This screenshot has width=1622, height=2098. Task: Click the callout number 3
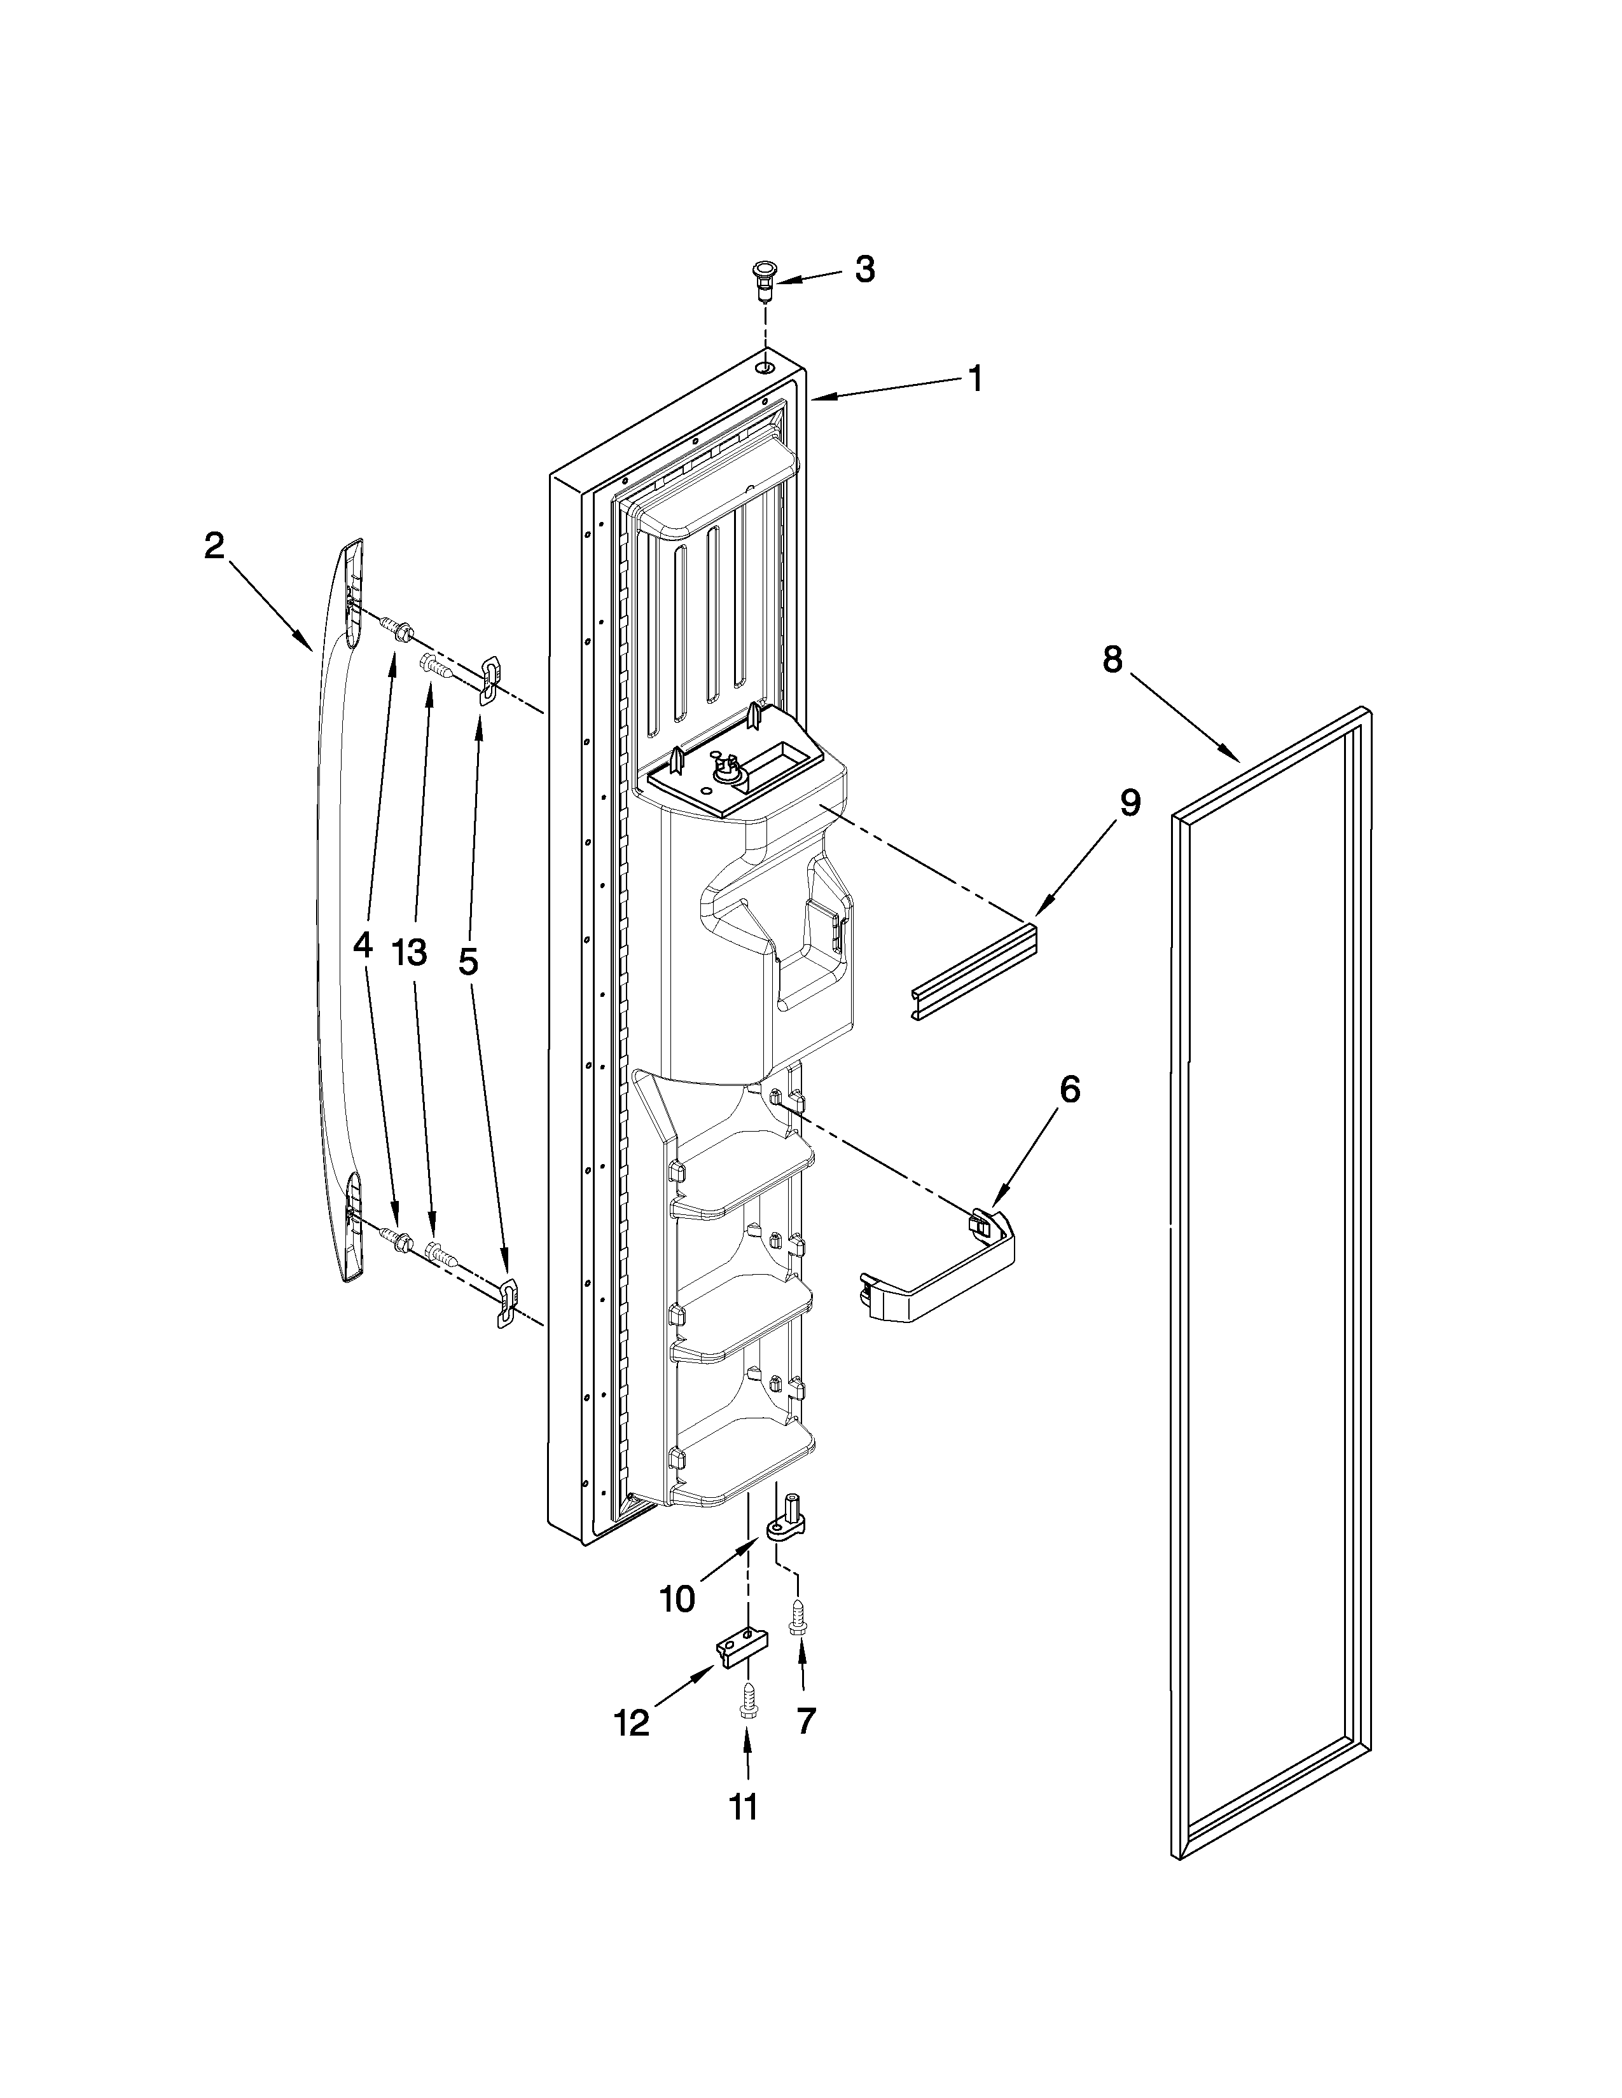point(865,270)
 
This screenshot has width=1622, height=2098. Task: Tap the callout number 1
point(975,378)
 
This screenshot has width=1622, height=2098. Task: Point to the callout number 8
point(1112,660)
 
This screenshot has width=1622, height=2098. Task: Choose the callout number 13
point(410,952)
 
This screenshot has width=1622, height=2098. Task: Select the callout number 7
point(805,1720)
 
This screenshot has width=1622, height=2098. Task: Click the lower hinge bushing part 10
point(788,1516)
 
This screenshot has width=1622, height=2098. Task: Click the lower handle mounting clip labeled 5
point(506,1303)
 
